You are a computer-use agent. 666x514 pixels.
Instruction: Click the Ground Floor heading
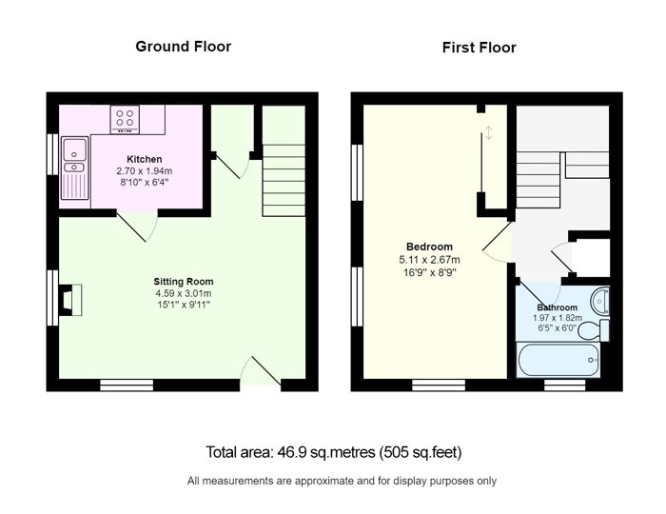pyautogui.click(x=184, y=47)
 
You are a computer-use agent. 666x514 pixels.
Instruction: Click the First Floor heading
pyautogui.click(x=480, y=48)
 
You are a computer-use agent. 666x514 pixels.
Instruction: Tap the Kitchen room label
pyautogui.click(x=145, y=159)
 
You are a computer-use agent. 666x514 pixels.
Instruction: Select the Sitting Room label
pyautogui.click(x=184, y=281)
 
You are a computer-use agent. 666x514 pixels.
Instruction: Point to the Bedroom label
pyautogui.click(x=429, y=247)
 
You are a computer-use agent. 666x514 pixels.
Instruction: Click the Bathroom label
pyautogui.click(x=558, y=307)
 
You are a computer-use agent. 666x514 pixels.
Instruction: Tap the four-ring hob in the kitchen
pyautogui.click(x=125, y=119)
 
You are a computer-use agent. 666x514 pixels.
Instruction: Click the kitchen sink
pyautogui.click(x=75, y=168)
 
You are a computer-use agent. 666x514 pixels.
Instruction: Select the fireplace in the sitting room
pyautogui.click(x=69, y=300)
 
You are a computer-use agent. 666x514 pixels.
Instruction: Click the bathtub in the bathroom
pyautogui.click(x=558, y=360)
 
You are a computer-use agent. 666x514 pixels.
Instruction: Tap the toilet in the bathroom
pyautogui.click(x=594, y=330)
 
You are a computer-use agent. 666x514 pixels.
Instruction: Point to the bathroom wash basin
pyautogui.click(x=599, y=301)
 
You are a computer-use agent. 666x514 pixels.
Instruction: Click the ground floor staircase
pyautogui.click(x=284, y=181)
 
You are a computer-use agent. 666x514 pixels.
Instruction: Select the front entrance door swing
pyautogui.click(x=261, y=371)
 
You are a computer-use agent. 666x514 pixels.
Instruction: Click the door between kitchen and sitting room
pyautogui.click(x=138, y=226)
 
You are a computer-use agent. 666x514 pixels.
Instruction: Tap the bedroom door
pyautogui.click(x=497, y=241)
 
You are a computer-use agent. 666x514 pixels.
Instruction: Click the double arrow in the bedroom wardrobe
pyautogui.click(x=489, y=132)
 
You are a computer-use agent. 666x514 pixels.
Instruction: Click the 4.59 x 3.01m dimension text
pyautogui.click(x=184, y=293)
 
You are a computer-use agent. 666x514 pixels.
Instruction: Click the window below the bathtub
pyautogui.click(x=565, y=385)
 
